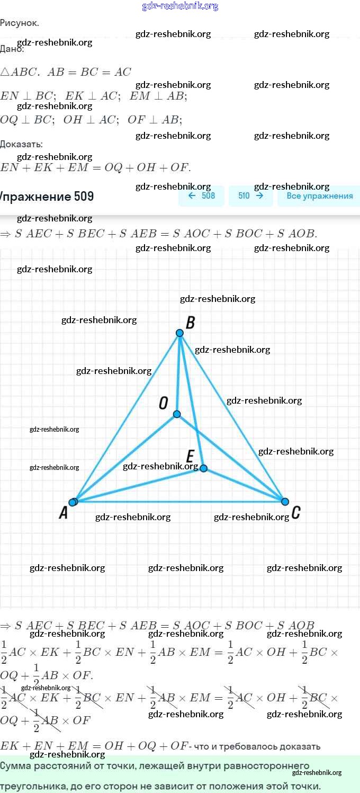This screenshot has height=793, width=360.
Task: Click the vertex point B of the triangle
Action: (179, 333)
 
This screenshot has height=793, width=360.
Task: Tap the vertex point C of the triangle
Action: (285, 502)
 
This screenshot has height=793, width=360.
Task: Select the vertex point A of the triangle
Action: (73, 502)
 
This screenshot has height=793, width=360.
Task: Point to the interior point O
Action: (177, 414)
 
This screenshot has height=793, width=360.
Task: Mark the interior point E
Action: (203, 468)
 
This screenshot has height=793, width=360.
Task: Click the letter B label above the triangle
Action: (191, 323)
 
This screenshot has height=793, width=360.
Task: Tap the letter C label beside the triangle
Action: (296, 512)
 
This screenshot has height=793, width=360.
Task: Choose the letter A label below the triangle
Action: (63, 513)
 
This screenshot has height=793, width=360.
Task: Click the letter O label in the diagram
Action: (164, 403)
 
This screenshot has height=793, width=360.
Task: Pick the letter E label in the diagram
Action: (191, 456)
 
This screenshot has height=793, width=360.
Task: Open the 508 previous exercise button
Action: (202, 195)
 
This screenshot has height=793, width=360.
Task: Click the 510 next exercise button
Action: (251, 195)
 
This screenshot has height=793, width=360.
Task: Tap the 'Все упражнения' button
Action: (319, 195)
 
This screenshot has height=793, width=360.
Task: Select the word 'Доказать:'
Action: (22, 144)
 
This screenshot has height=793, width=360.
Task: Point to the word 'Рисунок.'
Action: (20, 23)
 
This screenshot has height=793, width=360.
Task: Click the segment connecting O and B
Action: (178, 373)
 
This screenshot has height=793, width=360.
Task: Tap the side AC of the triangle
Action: (180, 502)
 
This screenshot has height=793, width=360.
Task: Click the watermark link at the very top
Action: (180, 6)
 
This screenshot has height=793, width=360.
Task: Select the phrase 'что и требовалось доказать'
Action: (257, 746)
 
